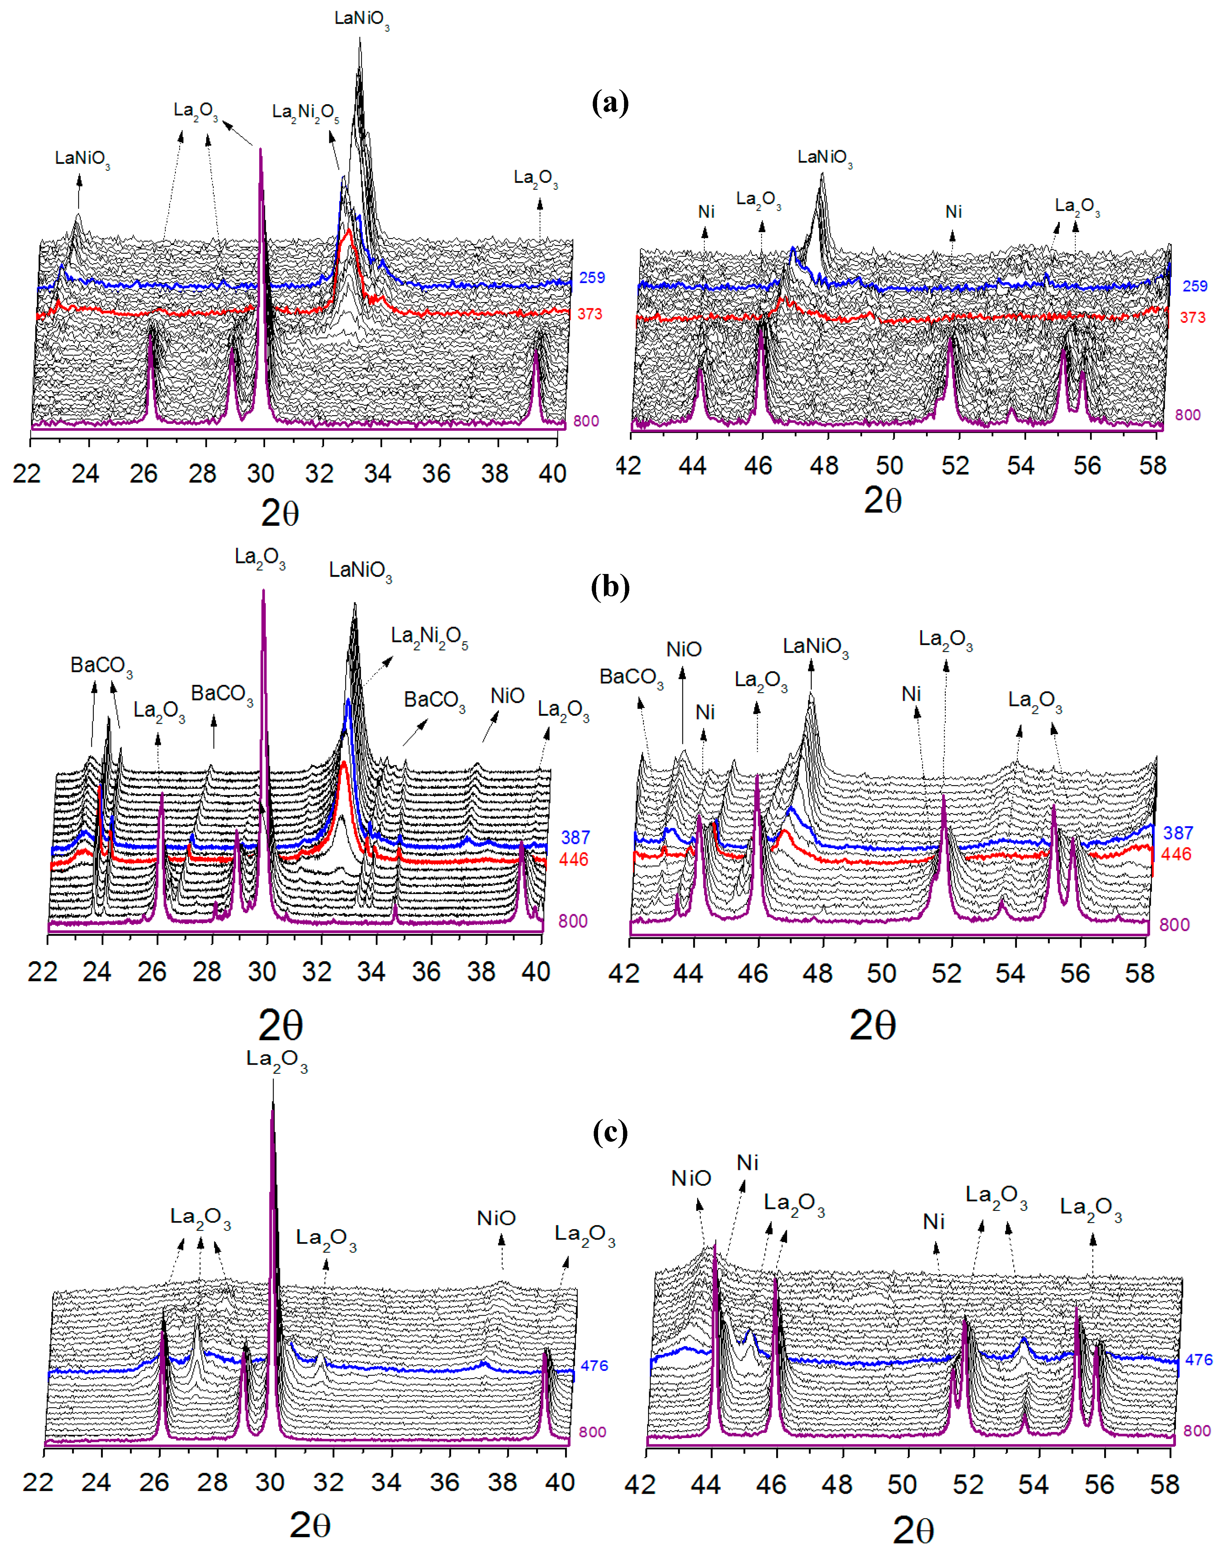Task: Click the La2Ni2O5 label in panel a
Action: click(305, 113)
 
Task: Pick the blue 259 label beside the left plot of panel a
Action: click(592, 277)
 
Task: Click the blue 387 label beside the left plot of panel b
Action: click(575, 837)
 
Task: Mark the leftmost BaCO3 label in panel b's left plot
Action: click(101, 666)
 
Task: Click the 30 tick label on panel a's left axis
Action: click(261, 474)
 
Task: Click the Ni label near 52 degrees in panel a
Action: click(953, 212)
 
